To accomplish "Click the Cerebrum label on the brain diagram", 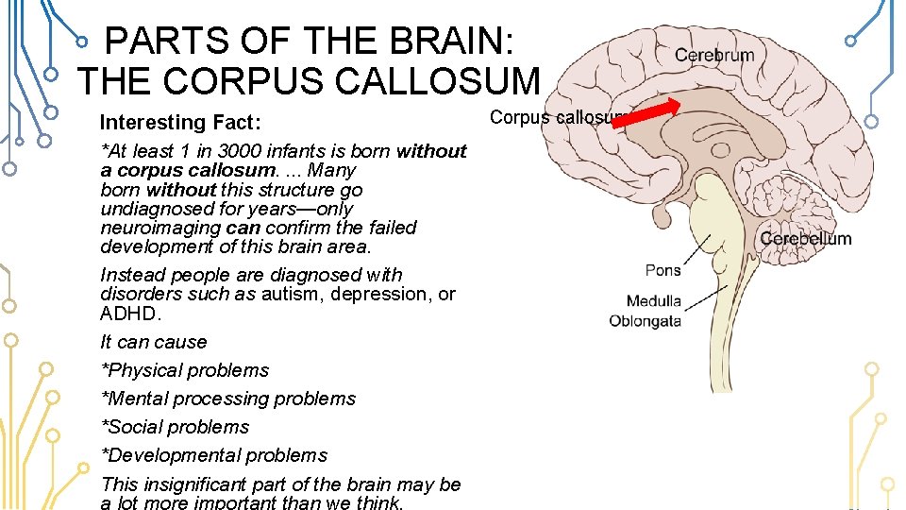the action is click(x=714, y=55).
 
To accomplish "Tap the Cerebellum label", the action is click(x=805, y=239).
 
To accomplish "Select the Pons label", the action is click(x=663, y=271).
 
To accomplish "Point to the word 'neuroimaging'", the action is click(x=160, y=228).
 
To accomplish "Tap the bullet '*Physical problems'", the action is click(x=185, y=370).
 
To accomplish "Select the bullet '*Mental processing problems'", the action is click(x=228, y=399).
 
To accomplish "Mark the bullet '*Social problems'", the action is click(x=176, y=427).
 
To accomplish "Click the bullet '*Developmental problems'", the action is click(x=214, y=455).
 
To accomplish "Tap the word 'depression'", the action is click(x=374, y=294).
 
